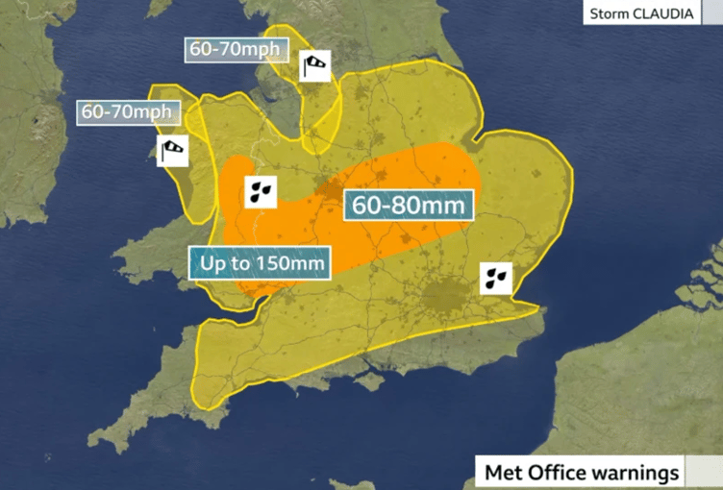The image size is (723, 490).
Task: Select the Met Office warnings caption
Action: coord(582,473)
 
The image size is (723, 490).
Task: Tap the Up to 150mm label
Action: coord(259,261)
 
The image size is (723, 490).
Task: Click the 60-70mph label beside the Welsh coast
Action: coord(126,111)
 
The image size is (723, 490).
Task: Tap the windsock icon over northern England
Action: coord(316,65)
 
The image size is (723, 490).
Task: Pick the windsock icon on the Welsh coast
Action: coord(172,150)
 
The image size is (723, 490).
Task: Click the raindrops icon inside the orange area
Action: coord(261,190)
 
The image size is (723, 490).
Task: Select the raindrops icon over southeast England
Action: coord(495,279)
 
